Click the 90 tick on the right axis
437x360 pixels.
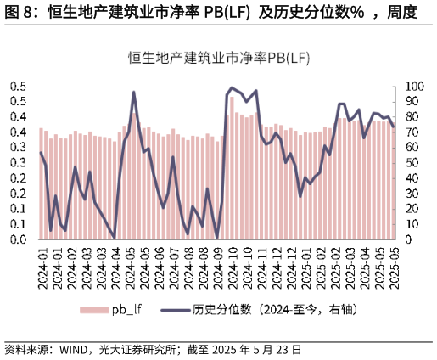(x=411, y=102)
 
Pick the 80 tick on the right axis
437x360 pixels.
(x=411, y=117)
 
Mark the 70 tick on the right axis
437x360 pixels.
(x=411, y=132)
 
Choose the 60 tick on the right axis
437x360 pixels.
(x=411, y=148)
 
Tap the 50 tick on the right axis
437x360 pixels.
(x=411, y=163)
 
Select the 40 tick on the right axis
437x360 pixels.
(x=411, y=178)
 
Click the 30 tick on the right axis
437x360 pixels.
(x=411, y=194)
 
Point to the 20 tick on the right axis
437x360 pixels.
(x=411, y=209)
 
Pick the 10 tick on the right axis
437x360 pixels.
(x=411, y=224)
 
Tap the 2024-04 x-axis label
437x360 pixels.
(x=116, y=266)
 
